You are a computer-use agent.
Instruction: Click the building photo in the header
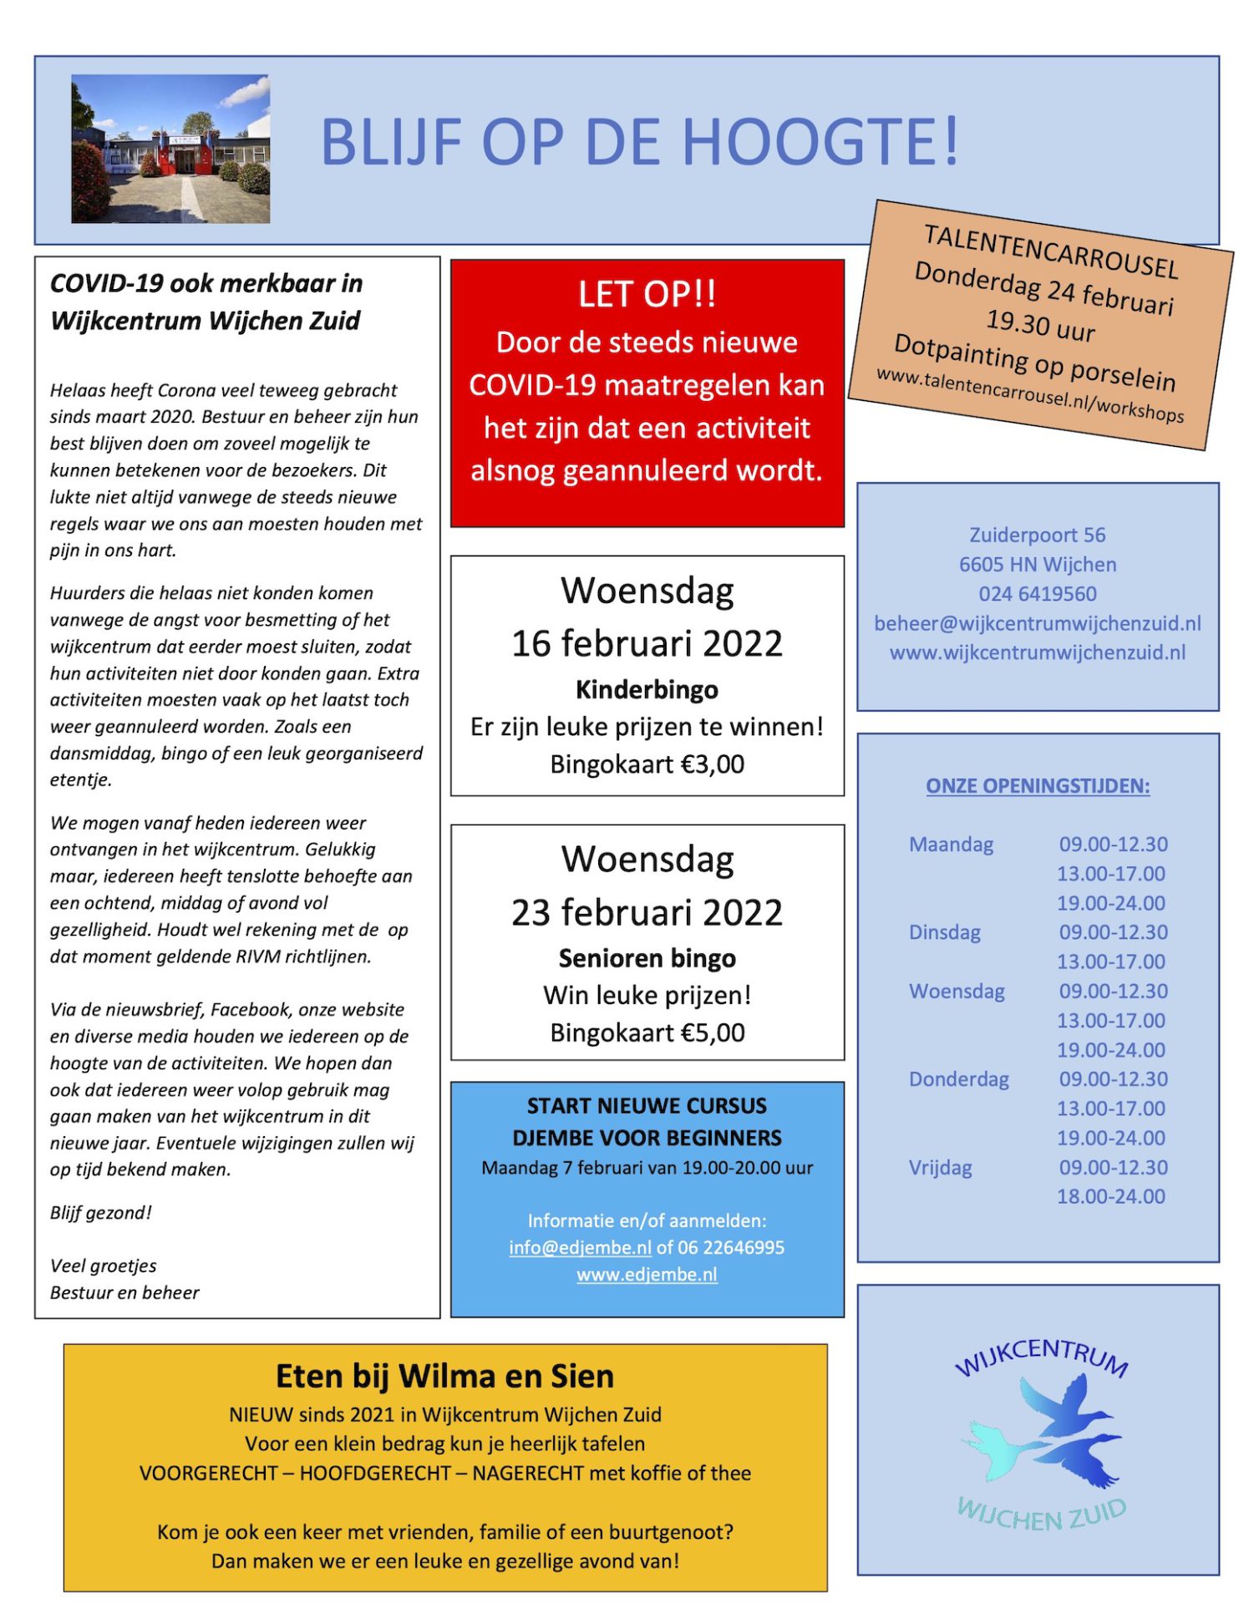coord(170,149)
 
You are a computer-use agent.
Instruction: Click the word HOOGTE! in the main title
coord(820,141)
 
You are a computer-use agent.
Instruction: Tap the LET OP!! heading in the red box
coord(647,294)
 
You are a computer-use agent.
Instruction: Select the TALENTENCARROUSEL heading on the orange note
coord(1050,251)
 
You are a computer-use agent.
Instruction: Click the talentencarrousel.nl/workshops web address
coord(1029,394)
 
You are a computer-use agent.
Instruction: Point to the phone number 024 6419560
coord(1038,594)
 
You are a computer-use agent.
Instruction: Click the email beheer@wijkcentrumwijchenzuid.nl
coord(1038,623)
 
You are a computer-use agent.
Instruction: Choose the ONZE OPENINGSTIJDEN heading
coord(1038,786)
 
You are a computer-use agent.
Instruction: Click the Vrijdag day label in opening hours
coord(940,1168)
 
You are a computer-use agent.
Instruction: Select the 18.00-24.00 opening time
coord(1110,1197)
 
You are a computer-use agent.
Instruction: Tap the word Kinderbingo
coord(647,690)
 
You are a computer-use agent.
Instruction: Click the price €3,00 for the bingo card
coord(713,764)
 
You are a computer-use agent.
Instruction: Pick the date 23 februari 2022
coord(647,913)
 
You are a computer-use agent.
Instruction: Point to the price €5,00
coord(713,1033)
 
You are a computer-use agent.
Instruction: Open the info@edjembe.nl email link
coord(580,1248)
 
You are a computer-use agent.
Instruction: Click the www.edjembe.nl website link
coord(647,1275)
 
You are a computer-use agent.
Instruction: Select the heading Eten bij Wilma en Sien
coord(444,1377)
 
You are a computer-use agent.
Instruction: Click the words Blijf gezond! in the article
coord(101,1213)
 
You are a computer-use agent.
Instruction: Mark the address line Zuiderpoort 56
coord(1038,536)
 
